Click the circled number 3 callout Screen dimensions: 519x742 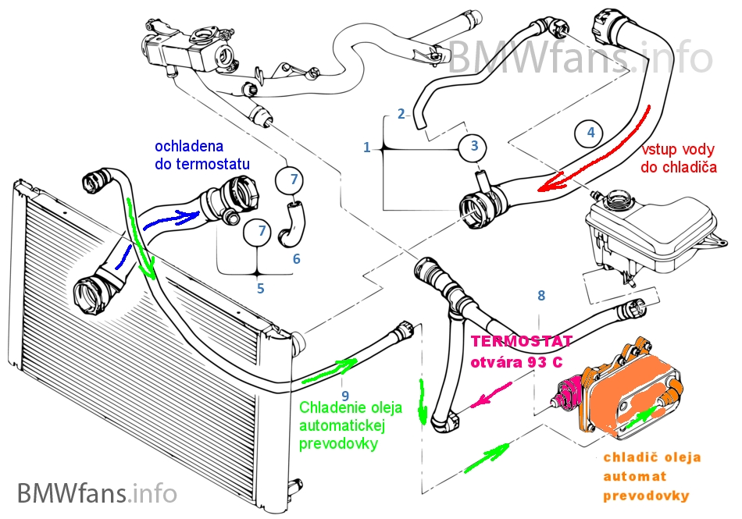click(x=474, y=146)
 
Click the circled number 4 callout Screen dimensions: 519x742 click(x=590, y=133)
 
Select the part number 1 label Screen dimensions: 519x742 click(x=367, y=146)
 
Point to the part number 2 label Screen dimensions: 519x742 click(x=401, y=114)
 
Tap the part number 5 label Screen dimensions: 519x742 click(x=260, y=288)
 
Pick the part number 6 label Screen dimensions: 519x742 click(x=296, y=258)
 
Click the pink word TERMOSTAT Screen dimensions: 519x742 click(x=521, y=342)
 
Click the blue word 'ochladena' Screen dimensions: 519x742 click(x=189, y=146)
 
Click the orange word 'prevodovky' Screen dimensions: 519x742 click(x=645, y=496)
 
